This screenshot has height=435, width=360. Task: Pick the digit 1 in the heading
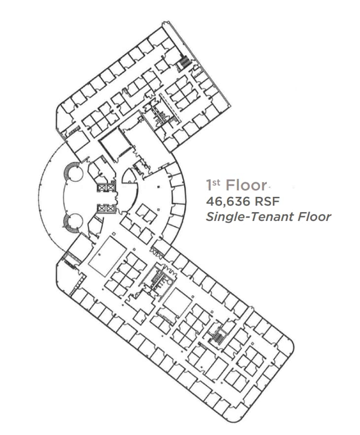[x=209, y=186]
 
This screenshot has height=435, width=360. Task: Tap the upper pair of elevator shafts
[x=106, y=187]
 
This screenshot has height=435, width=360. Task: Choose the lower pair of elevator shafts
[x=106, y=208]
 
